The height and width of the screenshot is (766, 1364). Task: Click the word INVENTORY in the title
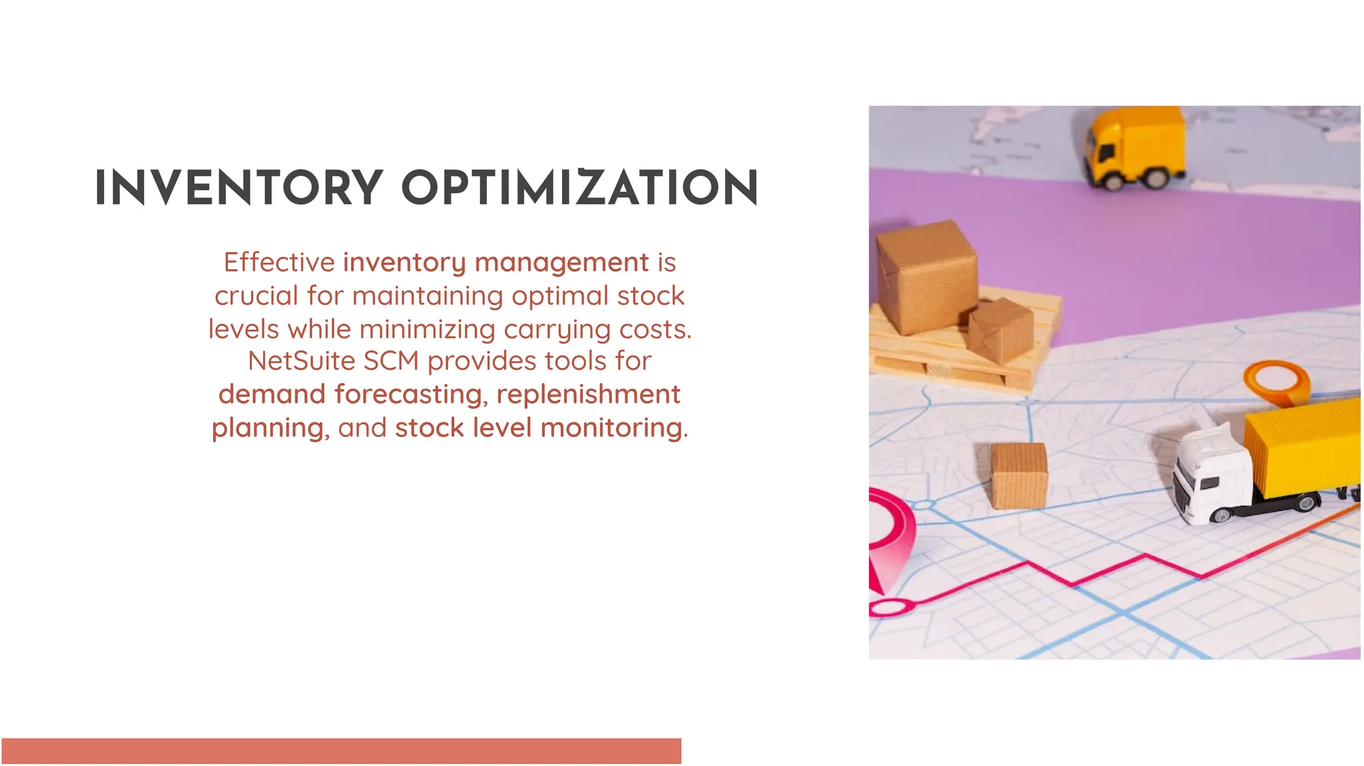[x=239, y=188]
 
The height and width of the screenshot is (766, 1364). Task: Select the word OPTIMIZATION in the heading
[x=579, y=188]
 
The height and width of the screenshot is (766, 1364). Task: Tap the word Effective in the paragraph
[x=279, y=262]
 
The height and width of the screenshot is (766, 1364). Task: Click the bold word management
[x=561, y=262]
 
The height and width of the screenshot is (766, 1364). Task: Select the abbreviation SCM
[x=391, y=361]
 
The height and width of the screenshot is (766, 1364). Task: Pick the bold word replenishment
[x=588, y=394]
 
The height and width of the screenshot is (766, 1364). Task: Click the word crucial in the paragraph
[x=256, y=296]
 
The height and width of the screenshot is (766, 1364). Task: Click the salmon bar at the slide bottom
[x=341, y=751]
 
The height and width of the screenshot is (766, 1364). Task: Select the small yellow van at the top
[x=1136, y=148]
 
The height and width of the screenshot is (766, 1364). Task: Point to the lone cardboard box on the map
[x=1018, y=475]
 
